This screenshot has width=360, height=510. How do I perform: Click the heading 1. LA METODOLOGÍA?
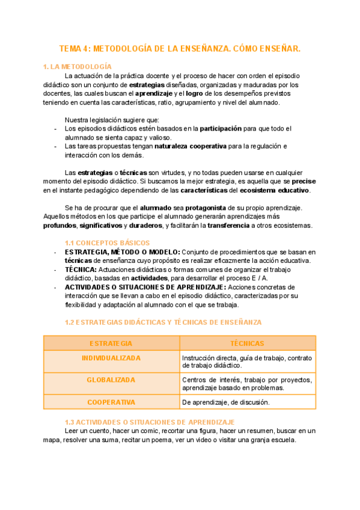(78, 66)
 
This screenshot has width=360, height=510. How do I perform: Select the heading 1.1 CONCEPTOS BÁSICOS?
(107, 242)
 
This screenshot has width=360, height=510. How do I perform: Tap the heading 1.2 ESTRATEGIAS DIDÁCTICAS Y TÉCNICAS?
(163, 322)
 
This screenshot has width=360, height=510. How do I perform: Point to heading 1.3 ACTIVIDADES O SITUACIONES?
(149, 422)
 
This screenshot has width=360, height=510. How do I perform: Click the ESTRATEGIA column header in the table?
(111, 343)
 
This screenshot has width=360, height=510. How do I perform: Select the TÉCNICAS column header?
(247, 343)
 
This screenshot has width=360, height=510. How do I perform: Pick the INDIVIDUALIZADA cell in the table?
(111, 358)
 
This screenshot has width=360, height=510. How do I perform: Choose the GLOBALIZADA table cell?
(111, 380)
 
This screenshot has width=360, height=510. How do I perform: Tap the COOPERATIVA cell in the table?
(111, 402)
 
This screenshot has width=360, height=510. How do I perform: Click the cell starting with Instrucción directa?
(247, 361)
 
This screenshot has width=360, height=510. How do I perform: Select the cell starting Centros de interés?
(247, 384)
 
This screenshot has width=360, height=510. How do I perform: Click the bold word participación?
(221, 128)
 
